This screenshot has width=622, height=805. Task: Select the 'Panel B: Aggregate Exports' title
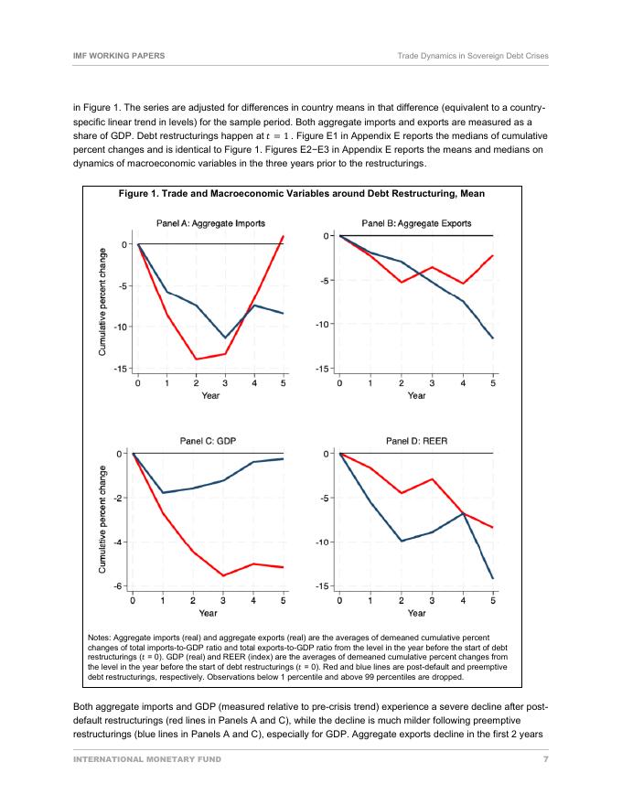pos(416,223)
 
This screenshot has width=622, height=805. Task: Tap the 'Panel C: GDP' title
pos(209,441)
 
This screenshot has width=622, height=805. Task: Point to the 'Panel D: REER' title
pos(416,441)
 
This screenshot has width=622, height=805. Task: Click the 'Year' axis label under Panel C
pos(209,613)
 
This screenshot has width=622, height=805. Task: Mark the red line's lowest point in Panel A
pos(197,360)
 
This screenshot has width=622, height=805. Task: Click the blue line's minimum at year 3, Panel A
pos(225,338)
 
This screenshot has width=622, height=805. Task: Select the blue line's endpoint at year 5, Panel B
pos(493,338)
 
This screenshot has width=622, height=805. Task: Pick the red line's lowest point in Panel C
pos(224,575)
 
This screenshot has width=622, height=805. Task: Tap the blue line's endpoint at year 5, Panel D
pos(493,578)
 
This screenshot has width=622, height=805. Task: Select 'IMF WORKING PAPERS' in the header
pos(118,56)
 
